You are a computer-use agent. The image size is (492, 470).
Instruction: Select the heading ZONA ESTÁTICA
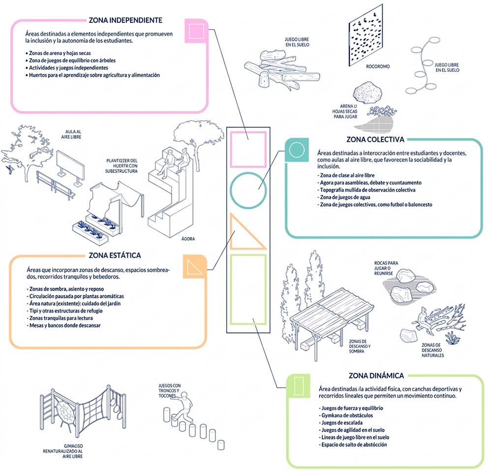click(115, 255)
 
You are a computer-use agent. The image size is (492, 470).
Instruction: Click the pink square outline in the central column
click(248, 150)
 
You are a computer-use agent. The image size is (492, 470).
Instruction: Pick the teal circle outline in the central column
click(248, 191)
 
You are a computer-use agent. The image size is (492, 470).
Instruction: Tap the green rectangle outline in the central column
click(248, 289)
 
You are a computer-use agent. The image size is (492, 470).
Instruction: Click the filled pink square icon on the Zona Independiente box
click(194, 31)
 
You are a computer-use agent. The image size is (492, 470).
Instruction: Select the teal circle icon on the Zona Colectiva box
click(297, 150)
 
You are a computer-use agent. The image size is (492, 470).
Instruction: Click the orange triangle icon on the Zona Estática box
click(192, 266)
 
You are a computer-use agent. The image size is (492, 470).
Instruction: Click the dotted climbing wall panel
click(365, 36)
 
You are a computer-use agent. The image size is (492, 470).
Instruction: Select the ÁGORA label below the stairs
click(188, 239)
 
